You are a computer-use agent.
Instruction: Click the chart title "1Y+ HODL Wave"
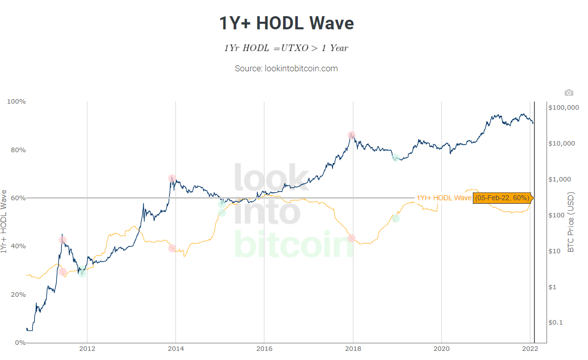coord(286,24)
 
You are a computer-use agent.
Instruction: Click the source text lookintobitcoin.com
coord(286,68)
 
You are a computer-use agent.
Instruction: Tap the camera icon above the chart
coord(569,93)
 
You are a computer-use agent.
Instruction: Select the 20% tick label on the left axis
coord(17,294)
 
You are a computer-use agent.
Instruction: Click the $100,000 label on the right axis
coord(564,108)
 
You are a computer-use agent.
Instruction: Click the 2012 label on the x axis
coord(87,349)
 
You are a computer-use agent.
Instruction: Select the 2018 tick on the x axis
coord(353,349)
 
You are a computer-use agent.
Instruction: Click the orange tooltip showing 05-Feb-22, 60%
coord(502,198)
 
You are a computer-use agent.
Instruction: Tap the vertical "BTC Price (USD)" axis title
coord(571,222)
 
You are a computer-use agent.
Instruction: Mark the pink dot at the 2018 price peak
coord(351,135)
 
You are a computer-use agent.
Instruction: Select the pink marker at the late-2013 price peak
coord(172,178)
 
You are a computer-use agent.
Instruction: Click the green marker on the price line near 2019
coord(396,158)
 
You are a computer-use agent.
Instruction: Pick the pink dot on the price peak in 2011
coord(62,240)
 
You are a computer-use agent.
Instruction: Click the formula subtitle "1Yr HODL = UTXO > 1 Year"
coord(286,48)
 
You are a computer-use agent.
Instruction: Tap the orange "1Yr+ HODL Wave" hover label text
coord(443,198)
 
